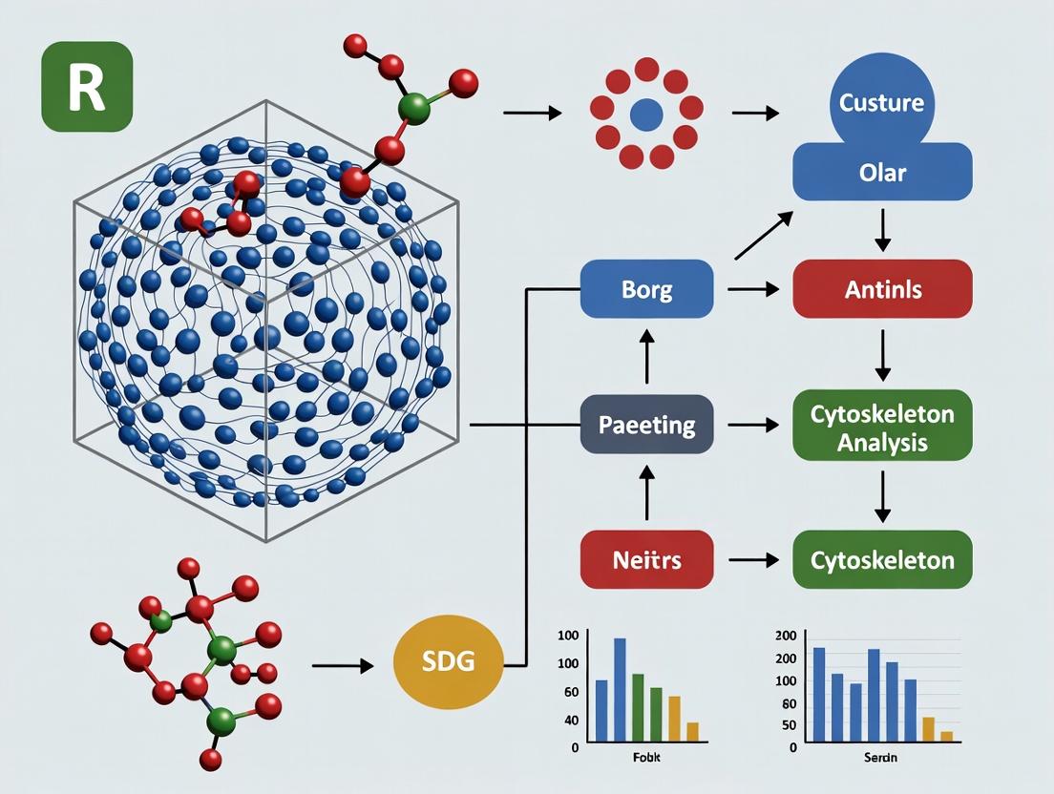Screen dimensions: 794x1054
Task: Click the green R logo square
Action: click(x=87, y=86)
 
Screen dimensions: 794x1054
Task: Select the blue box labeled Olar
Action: click(x=882, y=174)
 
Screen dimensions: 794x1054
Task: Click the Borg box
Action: click(x=646, y=289)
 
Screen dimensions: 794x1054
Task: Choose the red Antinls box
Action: click(x=882, y=289)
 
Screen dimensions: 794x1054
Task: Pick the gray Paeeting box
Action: click(x=646, y=424)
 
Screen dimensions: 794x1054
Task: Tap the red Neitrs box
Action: click(x=646, y=559)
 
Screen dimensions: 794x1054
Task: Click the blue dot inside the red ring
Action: click(x=647, y=115)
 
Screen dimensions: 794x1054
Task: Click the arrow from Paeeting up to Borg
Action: click(x=646, y=356)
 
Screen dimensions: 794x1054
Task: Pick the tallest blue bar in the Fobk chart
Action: click(x=620, y=689)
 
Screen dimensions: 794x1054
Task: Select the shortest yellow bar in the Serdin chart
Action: click(x=946, y=736)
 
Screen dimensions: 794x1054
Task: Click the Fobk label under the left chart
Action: click(x=646, y=757)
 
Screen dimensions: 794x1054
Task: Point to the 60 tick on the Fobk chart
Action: click(x=572, y=691)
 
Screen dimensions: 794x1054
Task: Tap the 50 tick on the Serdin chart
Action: click(x=788, y=725)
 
